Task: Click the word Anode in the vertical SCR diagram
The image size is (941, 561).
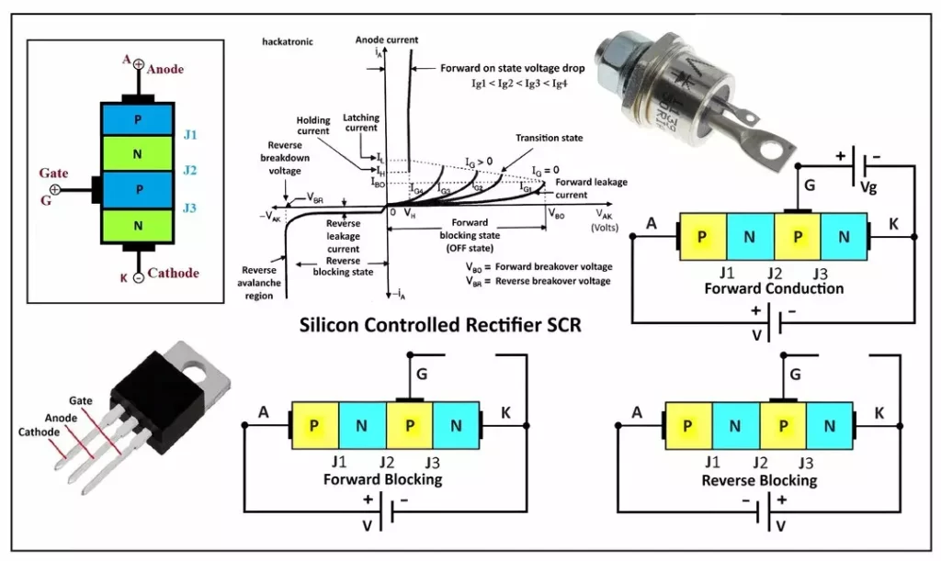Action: click(165, 69)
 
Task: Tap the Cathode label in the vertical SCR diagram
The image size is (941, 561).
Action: click(173, 273)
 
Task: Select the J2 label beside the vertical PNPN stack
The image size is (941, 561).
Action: click(189, 171)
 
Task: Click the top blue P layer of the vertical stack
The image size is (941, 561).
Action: click(137, 119)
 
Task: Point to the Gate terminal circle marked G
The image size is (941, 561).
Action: click(55, 189)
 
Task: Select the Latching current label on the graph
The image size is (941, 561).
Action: click(360, 123)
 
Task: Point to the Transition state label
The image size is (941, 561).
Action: click(549, 138)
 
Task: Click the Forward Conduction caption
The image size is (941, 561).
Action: click(760, 288)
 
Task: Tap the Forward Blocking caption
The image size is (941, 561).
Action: click(382, 479)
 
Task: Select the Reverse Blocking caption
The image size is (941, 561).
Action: click(759, 480)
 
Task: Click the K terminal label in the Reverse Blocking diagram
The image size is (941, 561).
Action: click(879, 413)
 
